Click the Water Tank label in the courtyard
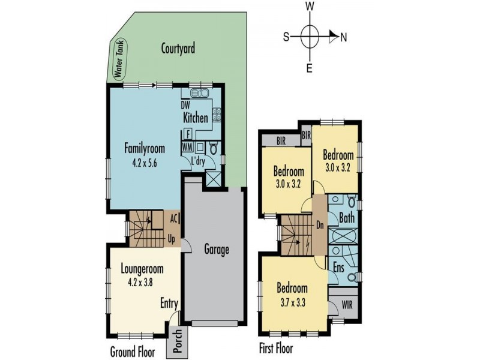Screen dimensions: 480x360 118,61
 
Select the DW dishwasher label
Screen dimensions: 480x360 185,106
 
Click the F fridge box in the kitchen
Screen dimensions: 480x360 188,134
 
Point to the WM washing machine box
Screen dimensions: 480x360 187,147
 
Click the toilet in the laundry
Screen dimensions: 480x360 214,148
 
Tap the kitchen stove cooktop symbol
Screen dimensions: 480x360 217,115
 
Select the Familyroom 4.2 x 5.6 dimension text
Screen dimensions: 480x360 145,163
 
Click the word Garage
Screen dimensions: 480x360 217,250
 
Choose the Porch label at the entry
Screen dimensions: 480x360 178,340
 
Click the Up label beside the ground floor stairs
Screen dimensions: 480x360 172,239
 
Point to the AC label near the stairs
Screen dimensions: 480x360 174,218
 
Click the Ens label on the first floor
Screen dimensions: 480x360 338,268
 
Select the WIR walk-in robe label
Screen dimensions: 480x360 347,305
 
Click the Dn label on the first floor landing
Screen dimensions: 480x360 320,226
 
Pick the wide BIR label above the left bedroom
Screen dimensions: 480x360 281,142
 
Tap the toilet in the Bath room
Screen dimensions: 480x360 352,202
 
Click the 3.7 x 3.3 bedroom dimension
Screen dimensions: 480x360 293,304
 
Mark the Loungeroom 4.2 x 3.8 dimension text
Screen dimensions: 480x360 140,282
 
